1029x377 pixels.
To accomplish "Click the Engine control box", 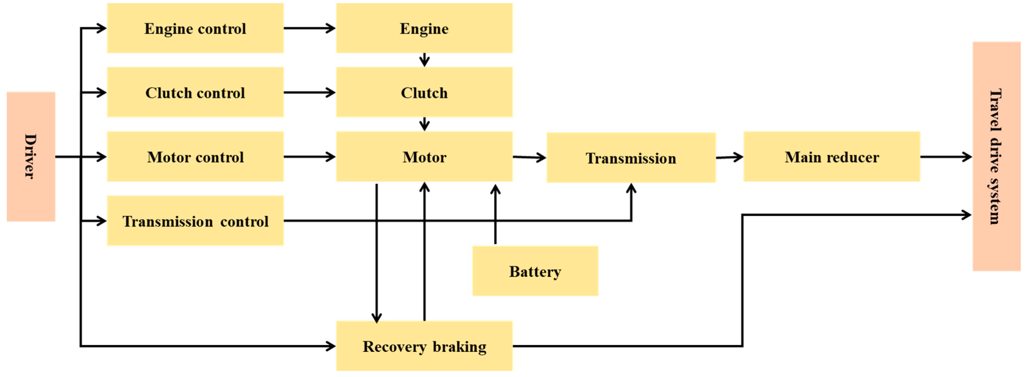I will (195, 28).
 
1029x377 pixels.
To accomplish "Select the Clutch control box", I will (195, 92).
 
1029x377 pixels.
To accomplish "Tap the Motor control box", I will (195, 157).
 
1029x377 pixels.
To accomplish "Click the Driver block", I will (31, 156).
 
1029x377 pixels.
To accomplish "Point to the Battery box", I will (535, 271).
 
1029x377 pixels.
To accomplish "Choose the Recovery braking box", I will (424, 346).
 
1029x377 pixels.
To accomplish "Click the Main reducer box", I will (832, 157).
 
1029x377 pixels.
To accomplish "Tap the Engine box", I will (424, 28).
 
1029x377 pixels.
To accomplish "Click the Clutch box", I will (424, 92).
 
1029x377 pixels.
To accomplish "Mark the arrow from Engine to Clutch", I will (424, 60).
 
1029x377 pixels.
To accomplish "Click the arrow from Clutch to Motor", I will (424, 124).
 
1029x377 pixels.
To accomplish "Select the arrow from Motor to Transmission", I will (529, 157).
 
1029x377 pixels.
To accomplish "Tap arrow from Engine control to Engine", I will (310, 28).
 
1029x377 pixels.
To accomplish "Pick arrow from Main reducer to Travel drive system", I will (946, 157).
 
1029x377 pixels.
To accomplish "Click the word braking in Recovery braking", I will (459, 346).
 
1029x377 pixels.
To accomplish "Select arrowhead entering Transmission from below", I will (631, 189).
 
